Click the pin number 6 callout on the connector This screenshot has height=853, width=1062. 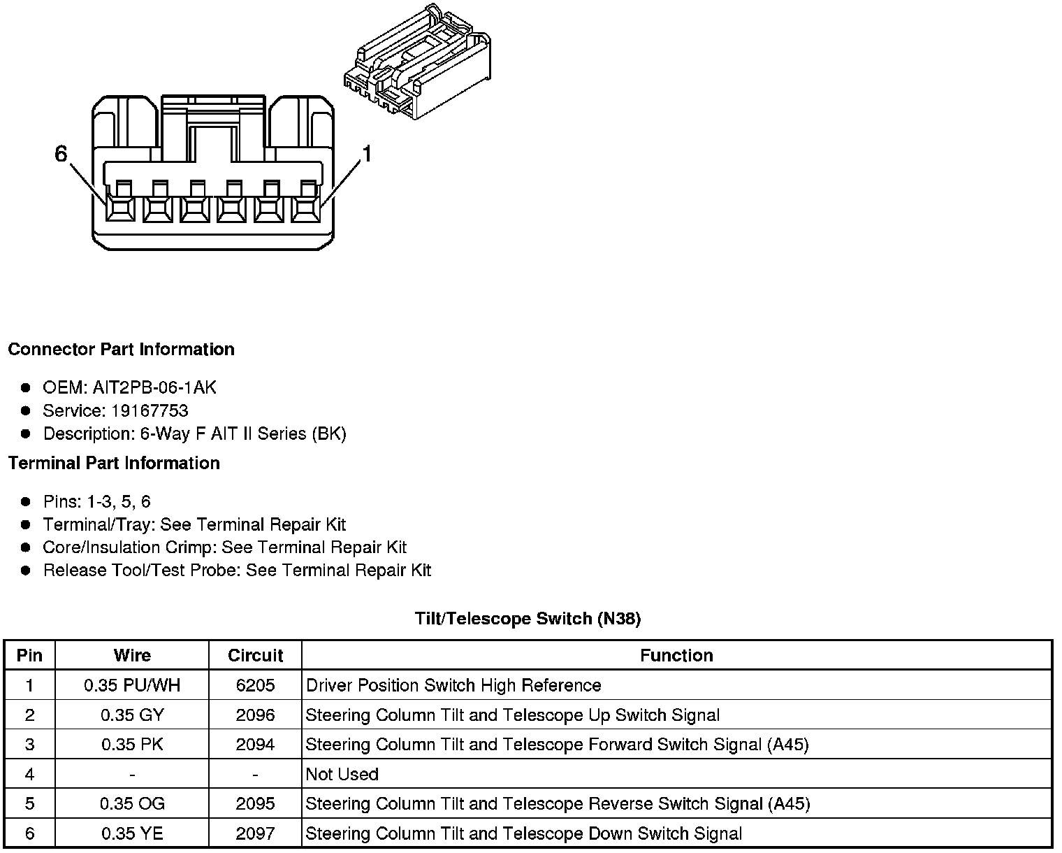coord(61,154)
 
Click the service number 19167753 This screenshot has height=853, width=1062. coord(150,410)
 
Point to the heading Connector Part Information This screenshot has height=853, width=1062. coord(121,349)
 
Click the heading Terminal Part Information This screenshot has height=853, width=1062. coord(114,463)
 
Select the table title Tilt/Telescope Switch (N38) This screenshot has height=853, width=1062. coord(528,618)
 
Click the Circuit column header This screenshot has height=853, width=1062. coord(255,655)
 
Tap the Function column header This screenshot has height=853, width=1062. coord(676,655)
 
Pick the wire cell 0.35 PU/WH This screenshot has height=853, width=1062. coord(132,685)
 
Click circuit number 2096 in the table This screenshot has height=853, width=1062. coord(255,715)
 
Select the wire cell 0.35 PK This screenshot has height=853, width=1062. coord(132,745)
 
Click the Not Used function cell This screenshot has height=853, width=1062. coord(342,774)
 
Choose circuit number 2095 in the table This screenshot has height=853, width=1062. coord(255,804)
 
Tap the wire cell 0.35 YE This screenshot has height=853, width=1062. coord(132,833)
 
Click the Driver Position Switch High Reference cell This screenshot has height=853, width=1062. coord(453,685)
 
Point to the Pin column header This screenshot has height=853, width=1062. coord(29,655)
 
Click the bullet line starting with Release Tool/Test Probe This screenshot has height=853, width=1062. coord(237,571)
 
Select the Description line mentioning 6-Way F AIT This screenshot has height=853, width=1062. coord(194,433)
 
